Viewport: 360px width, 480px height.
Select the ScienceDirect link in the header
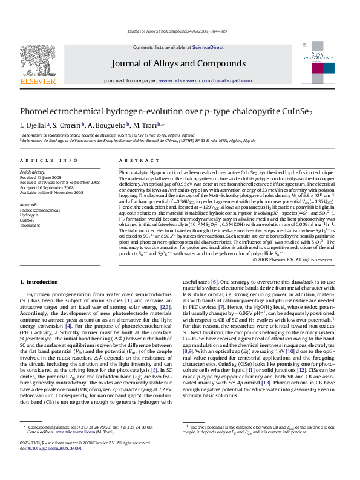(208, 47)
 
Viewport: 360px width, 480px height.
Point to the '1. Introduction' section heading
(39, 282)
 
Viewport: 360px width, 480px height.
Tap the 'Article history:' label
(33, 172)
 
